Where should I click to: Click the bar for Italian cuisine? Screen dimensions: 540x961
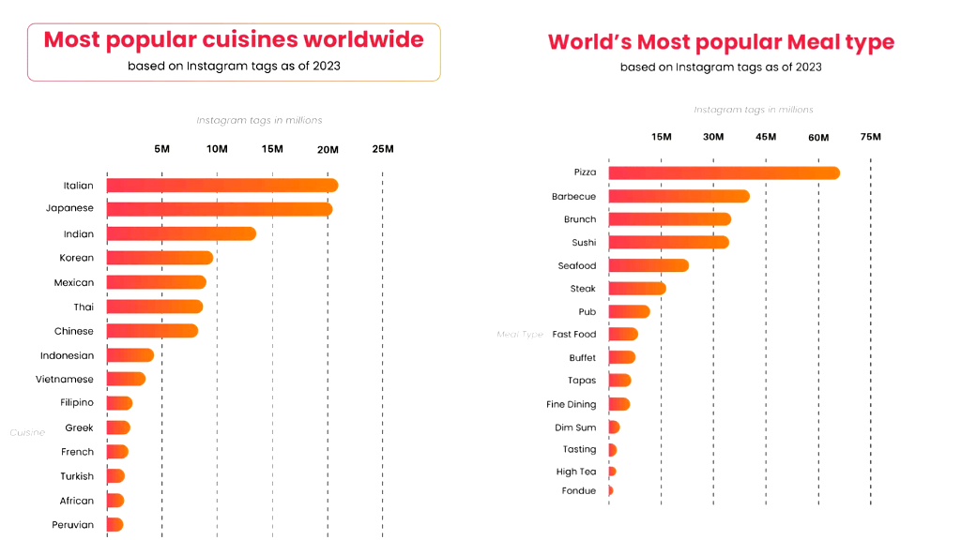[x=221, y=186]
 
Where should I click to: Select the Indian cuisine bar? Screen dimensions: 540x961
[x=181, y=233]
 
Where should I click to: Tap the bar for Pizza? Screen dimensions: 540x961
[x=724, y=172]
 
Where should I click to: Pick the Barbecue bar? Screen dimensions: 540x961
[x=679, y=196]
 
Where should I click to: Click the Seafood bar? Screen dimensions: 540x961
[x=648, y=265]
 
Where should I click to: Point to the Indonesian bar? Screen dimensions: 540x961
[x=130, y=355]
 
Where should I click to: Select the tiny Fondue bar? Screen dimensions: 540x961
[x=611, y=490]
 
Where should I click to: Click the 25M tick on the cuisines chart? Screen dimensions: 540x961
[x=382, y=149]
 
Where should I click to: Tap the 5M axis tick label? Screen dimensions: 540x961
[x=161, y=149]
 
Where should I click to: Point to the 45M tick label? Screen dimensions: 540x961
[x=766, y=137]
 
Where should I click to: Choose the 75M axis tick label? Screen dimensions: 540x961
[x=870, y=137]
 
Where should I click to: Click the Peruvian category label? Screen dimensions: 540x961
[x=72, y=525]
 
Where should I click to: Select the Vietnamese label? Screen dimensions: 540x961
[x=65, y=380]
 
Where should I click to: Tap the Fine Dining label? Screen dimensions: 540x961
[x=571, y=405]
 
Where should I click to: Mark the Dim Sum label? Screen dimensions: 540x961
[x=575, y=427]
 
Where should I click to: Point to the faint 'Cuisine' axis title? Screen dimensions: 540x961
[x=27, y=432]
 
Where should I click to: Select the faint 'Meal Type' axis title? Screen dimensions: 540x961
[x=520, y=335]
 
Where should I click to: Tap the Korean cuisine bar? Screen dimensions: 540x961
[x=160, y=258]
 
